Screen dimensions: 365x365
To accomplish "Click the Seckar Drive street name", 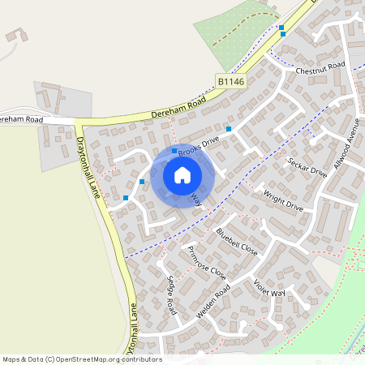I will click(x=307, y=167).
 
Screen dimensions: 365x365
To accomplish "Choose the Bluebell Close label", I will click(x=237, y=242).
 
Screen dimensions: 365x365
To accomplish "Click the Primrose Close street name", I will click(x=207, y=262).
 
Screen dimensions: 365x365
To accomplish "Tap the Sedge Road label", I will click(x=171, y=296).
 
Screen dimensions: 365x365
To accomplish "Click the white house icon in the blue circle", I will click(x=182, y=175).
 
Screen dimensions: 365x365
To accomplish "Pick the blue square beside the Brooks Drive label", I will click(x=174, y=151).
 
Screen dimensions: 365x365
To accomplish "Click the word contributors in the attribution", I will click(x=141, y=359).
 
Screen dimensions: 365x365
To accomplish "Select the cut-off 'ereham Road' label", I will click(x=21, y=119).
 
